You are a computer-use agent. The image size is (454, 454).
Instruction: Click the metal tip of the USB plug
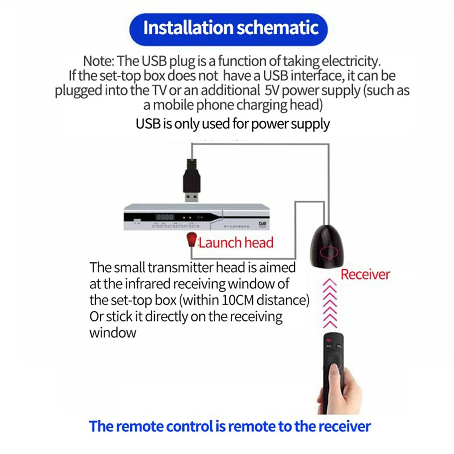(x=192, y=197)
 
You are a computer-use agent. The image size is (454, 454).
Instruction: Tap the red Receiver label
(x=365, y=274)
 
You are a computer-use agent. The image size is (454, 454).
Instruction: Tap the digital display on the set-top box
(x=165, y=217)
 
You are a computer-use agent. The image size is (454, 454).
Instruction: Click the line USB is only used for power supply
(x=233, y=124)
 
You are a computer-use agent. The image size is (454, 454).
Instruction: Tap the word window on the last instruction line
(x=113, y=333)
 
